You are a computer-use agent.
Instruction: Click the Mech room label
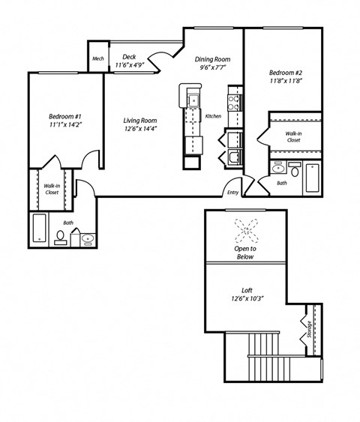pos(97,59)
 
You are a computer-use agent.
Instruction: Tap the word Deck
pos(129,56)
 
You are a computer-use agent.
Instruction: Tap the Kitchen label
pos(212,116)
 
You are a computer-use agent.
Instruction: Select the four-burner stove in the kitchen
pos(233,100)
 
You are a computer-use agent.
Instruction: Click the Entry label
pos(233,192)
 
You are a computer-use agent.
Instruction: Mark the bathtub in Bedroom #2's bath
pos(312,176)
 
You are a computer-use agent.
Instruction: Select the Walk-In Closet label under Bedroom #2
pos(293,136)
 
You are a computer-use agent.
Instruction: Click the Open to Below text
pos(245,253)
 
